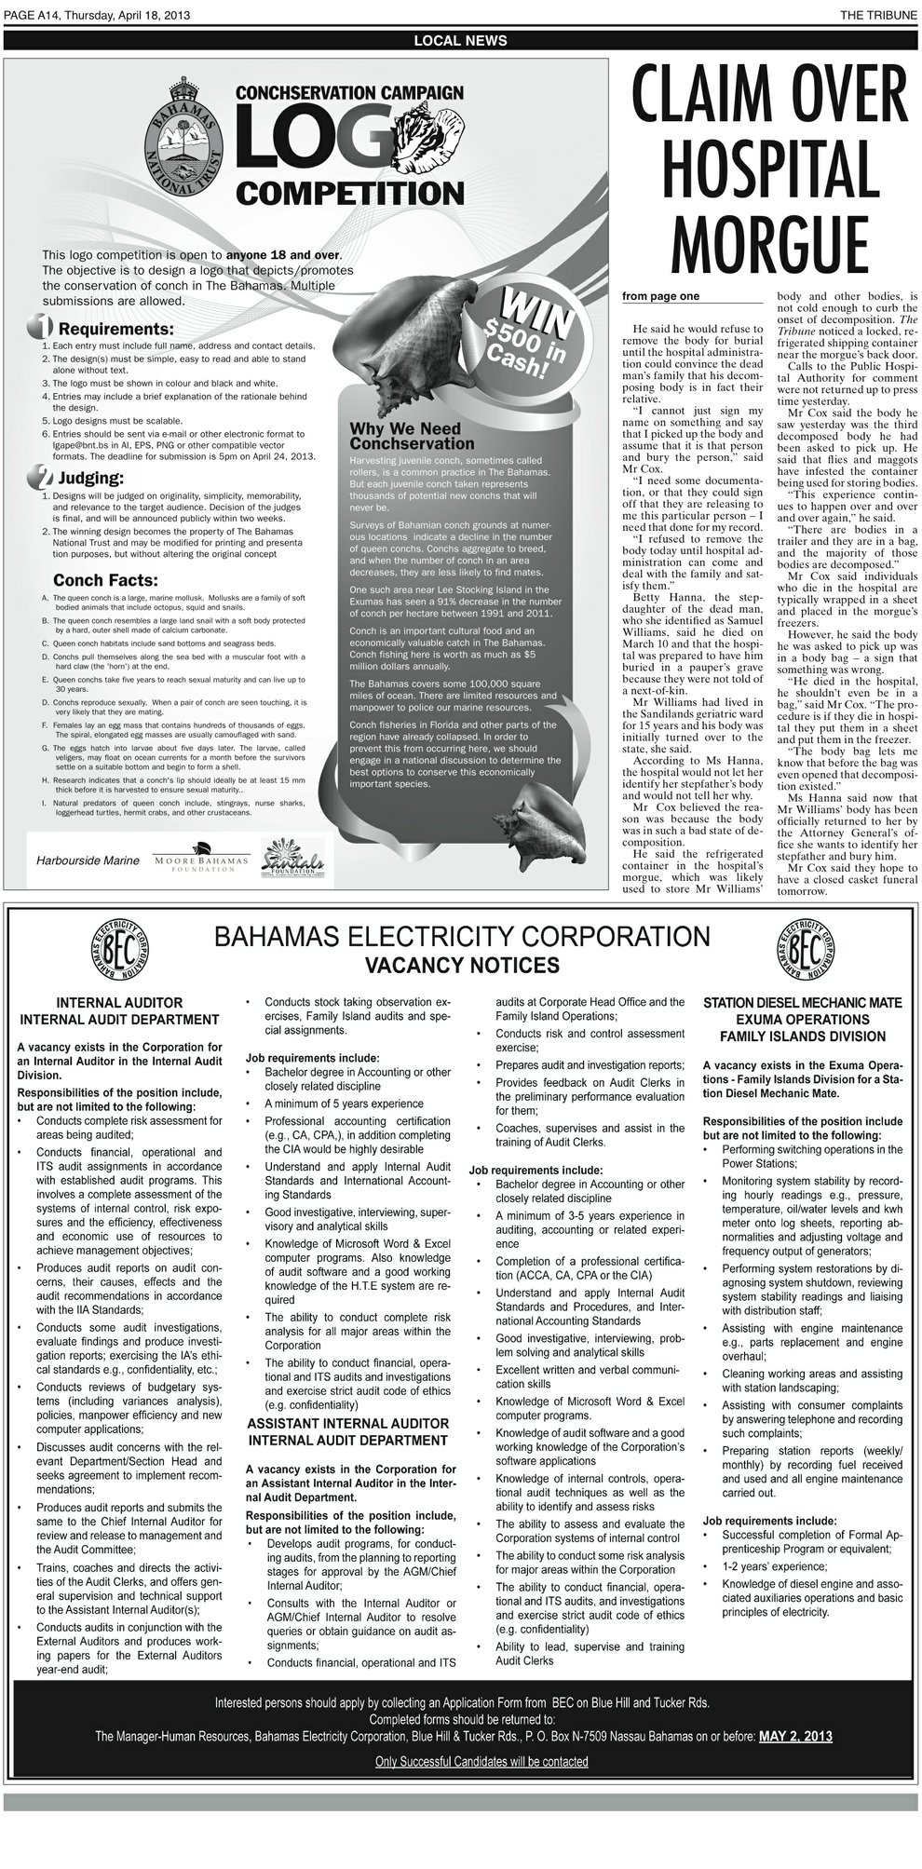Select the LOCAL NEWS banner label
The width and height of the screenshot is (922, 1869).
click(460, 40)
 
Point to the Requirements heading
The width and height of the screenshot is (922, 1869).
click(115, 329)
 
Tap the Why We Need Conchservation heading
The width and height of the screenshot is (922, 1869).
click(411, 436)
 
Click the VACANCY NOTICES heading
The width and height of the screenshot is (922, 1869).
click(461, 964)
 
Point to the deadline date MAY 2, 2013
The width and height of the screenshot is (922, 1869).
click(796, 1736)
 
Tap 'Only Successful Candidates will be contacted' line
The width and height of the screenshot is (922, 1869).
click(481, 1761)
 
